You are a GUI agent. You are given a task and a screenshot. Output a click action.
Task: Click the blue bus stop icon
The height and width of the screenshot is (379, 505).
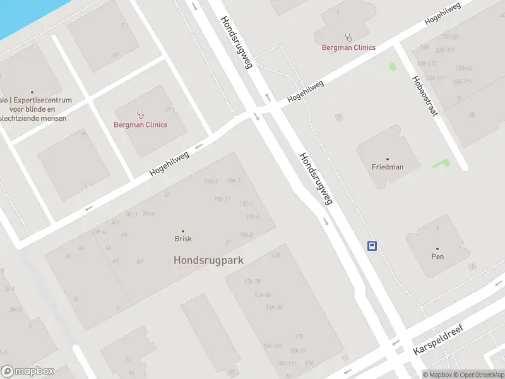pos(373,246)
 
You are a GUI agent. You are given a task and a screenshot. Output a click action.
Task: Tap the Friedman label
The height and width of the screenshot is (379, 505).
pos(387,167)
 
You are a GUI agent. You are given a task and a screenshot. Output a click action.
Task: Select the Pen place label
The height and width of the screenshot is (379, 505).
pos(437,256)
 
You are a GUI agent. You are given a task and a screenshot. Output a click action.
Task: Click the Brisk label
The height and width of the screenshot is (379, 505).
pos(183,239)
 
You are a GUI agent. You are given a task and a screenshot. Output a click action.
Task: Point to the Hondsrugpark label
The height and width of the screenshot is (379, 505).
pos(208,260)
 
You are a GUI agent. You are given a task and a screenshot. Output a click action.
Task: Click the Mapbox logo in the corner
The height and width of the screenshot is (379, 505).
pos(28,371)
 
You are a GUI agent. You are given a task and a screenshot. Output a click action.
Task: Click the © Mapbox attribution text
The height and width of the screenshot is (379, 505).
pos(436,375)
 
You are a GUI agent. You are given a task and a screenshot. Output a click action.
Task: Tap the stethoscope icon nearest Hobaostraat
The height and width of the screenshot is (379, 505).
pos(348,37)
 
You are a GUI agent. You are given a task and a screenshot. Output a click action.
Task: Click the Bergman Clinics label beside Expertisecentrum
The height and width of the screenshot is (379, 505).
pos(140,124)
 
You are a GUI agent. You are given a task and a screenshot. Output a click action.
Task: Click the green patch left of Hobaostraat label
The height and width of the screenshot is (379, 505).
pos(393,66)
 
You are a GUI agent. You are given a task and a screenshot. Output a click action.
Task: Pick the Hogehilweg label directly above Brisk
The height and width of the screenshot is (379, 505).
pos(169,164)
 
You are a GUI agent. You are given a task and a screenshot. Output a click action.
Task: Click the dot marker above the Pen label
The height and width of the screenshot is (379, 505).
pos(437,248)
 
